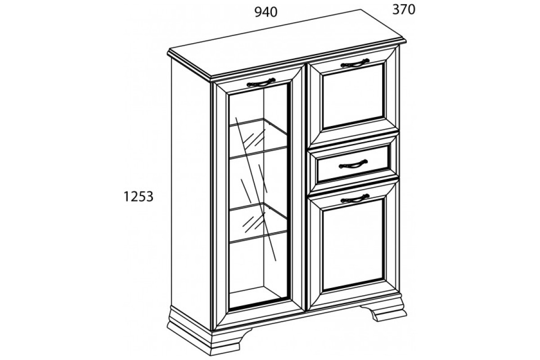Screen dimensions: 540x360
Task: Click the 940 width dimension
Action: [x=266, y=12]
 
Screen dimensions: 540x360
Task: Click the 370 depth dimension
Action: [x=404, y=10]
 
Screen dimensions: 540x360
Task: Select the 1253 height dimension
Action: [x=139, y=197]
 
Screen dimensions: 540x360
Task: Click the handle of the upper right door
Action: [x=355, y=63]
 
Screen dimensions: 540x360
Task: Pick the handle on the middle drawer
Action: [x=353, y=164]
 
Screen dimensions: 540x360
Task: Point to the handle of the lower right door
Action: [x=355, y=198]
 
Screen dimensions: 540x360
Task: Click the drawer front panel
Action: [x=353, y=164]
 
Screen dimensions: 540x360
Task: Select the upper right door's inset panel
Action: [x=353, y=96]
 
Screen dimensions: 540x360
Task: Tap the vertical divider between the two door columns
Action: [x=306, y=188]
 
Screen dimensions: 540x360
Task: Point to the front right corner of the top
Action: [x=405, y=42]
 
